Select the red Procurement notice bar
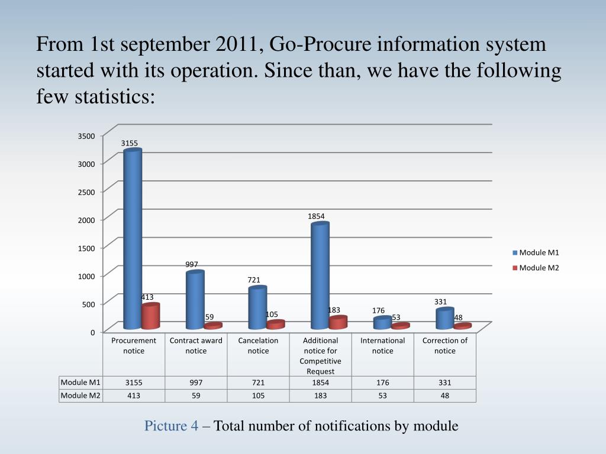coord(150,316)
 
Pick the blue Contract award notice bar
coord(195,300)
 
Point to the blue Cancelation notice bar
coord(257,307)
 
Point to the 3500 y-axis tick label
coord(86,136)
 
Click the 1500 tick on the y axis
coord(86,248)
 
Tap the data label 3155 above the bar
coord(130,143)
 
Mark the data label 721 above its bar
coord(254,280)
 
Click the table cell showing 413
coord(134,395)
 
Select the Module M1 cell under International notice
coord(382,382)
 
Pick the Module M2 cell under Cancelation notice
coord(258,395)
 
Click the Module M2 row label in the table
coord(80,395)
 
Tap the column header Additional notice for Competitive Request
coord(320,355)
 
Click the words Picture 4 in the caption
coord(172,426)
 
